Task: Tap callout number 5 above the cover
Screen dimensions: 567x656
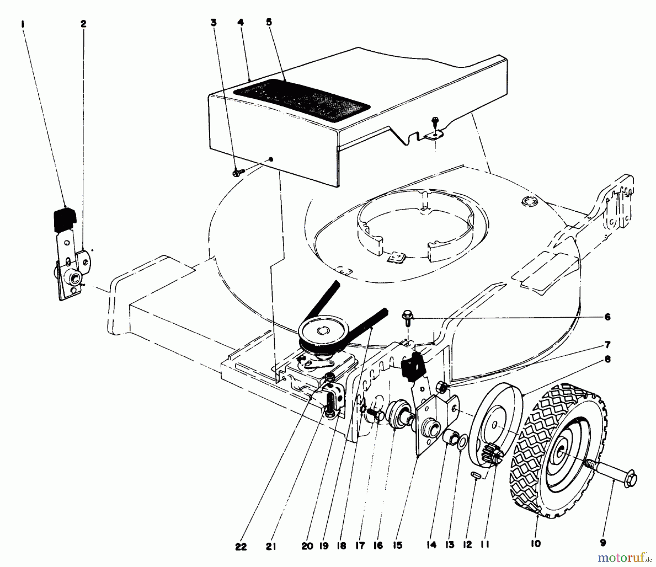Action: tap(269, 23)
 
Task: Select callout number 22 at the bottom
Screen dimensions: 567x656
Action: tap(241, 546)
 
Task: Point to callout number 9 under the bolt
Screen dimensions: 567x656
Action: tap(603, 543)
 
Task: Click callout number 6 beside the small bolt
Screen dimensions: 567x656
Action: tap(607, 317)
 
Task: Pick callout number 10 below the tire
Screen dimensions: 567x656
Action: tap(536, 544)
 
